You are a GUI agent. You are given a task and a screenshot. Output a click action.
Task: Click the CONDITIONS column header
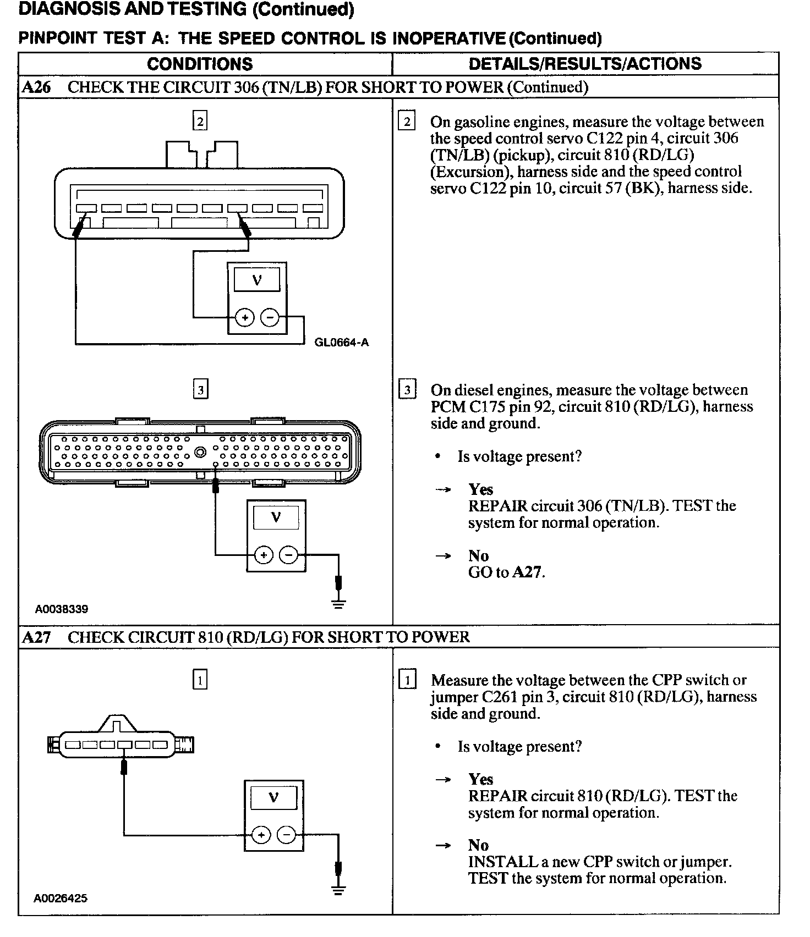tap(200, 64)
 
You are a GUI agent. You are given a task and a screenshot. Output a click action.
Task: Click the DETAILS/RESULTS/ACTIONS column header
tap(585, 64)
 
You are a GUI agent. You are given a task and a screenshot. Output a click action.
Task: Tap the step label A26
tap(36, 87)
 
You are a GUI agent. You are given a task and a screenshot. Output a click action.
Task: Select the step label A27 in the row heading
tap(36, 637)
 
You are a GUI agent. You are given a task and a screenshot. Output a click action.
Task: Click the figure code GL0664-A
tap(341, 343)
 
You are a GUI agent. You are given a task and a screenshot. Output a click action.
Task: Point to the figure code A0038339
tap(62, 609)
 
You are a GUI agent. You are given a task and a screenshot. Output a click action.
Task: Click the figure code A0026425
tap(61, 898)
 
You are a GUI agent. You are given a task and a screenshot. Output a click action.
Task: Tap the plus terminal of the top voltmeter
tap(245, 318)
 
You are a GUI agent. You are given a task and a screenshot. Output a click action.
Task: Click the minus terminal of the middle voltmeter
tap(288, 555)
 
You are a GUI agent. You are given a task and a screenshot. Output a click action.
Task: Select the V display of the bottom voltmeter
tap(273, 797)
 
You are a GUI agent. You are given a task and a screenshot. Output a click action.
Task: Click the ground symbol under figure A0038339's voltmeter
tap(339, 603)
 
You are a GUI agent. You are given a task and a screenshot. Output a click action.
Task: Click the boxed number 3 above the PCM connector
tap(200, 390)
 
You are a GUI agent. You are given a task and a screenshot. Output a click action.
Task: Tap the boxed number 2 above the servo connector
tap(200, 121)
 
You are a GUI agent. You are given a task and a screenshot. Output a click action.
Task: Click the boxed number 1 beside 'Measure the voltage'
tap(407, 680)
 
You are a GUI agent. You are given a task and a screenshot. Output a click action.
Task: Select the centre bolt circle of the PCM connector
tap(200, 452)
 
